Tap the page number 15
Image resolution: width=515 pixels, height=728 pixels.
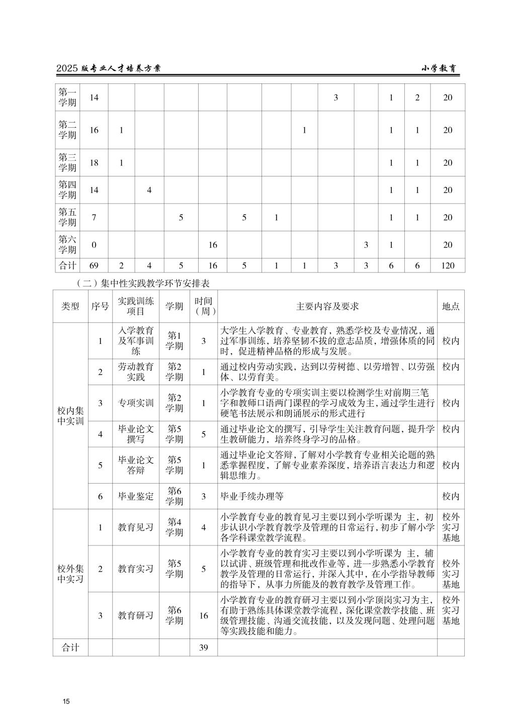[66, 701]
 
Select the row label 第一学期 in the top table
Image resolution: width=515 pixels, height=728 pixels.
[67, 98]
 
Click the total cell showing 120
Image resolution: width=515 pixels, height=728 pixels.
[447, 265]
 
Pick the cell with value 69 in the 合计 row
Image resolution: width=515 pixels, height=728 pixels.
[94, 265]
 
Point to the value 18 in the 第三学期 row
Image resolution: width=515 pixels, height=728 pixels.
[94, 162]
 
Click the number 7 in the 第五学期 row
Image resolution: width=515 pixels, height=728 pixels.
[94, 217]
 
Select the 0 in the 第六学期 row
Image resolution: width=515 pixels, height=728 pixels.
[94, 245]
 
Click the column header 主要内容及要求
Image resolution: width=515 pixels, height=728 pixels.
[327, 306]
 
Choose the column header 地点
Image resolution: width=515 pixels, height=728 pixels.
[450, 306]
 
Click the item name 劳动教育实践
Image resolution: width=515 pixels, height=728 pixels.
[136, 372]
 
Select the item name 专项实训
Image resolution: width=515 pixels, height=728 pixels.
[136, 403]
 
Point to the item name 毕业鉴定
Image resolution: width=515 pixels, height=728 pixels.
[136, 496]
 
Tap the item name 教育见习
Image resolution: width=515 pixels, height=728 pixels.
[136, 527]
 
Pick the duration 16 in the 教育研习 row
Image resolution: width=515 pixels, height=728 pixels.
[204, 615]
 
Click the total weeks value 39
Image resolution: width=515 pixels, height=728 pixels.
[204, 648]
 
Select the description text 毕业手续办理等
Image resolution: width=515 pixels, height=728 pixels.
[252, 496]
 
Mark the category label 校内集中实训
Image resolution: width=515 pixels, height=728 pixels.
[70, 416]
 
